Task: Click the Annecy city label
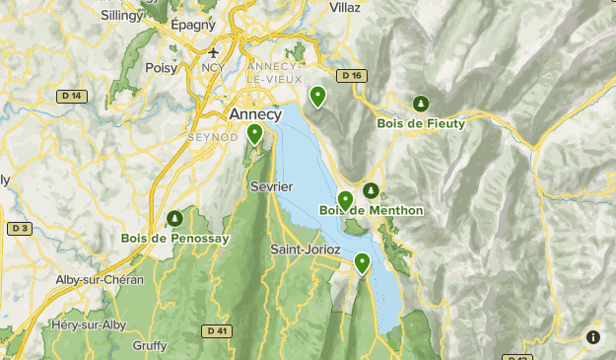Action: tap(254, 114)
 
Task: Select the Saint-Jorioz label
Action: tap(306, 250)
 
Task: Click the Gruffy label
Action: tap(149, 345)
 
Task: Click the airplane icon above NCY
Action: tap(214, 53)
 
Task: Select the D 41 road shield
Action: tap(219, 330)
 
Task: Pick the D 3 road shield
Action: tap(18, 228)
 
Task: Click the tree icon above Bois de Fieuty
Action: tap(421, 104)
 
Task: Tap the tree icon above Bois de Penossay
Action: tap(174, 217)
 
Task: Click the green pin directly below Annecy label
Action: tap(255, 134)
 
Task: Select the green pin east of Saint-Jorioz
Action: tap(363, 262)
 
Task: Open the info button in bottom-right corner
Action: tap(592, 336)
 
